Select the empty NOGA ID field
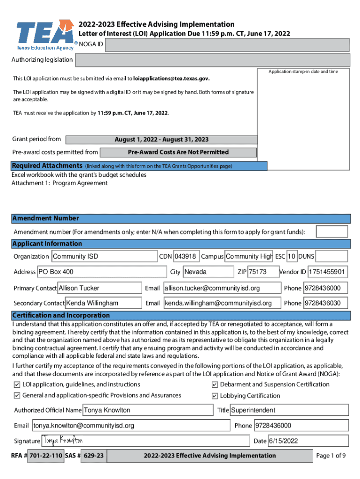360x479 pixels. pyautogui.click(x=227, y=45)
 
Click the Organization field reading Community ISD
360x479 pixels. pyautogui.click(x=104, y=256)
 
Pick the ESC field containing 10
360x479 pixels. pyautogui.click(x=292, y=256)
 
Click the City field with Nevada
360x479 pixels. pyautogui.click(x=208, y=272)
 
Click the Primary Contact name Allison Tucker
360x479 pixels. pyautogui.click(x=99, y=288)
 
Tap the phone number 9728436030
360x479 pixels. pyautogui.click(x=326, y=303)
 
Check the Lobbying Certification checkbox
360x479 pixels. pyautogui.click(x=215, y=396)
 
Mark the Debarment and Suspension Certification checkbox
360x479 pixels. pyautogui.click(x=215, y=385)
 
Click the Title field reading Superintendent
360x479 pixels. pyautogui.click(x=289, y=410)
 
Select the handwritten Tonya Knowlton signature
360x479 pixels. pyautogui.click(x=63, y=441)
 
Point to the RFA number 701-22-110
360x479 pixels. pyautogui.click(x=45, y=456)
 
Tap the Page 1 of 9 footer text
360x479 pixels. pyautogui.click(x=331, y=456)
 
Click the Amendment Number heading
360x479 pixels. pyautogui.click(x=46, y=218)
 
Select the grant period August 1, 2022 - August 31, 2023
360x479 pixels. pyautogui.click(x=161, y=139)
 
